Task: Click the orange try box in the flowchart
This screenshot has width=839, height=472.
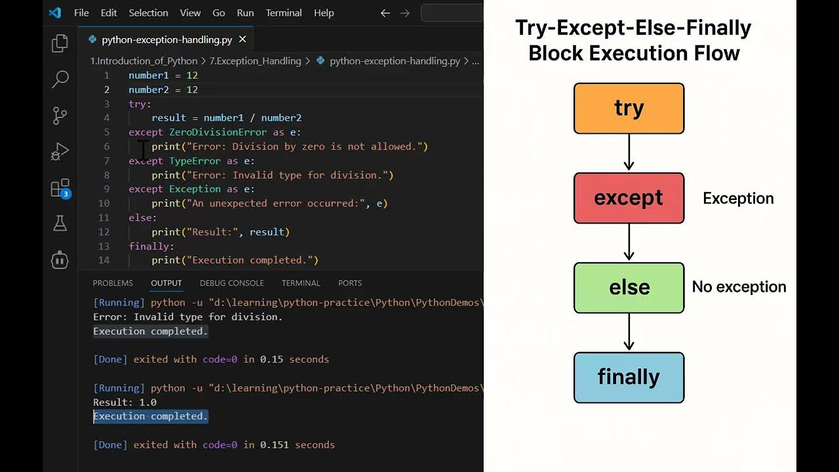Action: (x=629, y=108)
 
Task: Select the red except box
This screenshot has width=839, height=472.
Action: (x=629, y=198)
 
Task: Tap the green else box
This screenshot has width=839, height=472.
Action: (x=629, y=287)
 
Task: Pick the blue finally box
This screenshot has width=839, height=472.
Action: (x=629, y=377)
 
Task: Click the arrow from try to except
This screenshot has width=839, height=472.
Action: (x=629, y=153)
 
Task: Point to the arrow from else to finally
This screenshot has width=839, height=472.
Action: (x=629, y=332)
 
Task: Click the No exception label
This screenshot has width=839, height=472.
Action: (x=739, y=287)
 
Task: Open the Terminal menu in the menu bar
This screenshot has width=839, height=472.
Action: (x=284, y=12)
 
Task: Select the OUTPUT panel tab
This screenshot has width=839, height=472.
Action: (x=166, y=283)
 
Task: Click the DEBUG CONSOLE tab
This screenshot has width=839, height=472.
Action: (x=231, y=283)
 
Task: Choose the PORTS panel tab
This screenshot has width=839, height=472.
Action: (x=349, y=283)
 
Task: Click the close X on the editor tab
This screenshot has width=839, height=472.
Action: (x=243, y=39)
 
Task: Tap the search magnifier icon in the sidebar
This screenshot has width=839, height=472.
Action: (x=60, y=79)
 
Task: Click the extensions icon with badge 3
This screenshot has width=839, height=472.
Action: (x=60, y=188)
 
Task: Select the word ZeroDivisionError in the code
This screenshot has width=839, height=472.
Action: (x=218, y=132)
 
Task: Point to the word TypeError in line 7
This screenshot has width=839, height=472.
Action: (x=195, y=161)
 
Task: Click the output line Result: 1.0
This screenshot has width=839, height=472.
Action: (x=125, y=402)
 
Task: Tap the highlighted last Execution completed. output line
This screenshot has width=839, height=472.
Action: (x=150, y=416)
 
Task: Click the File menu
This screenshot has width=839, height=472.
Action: (x=81, y=12)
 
